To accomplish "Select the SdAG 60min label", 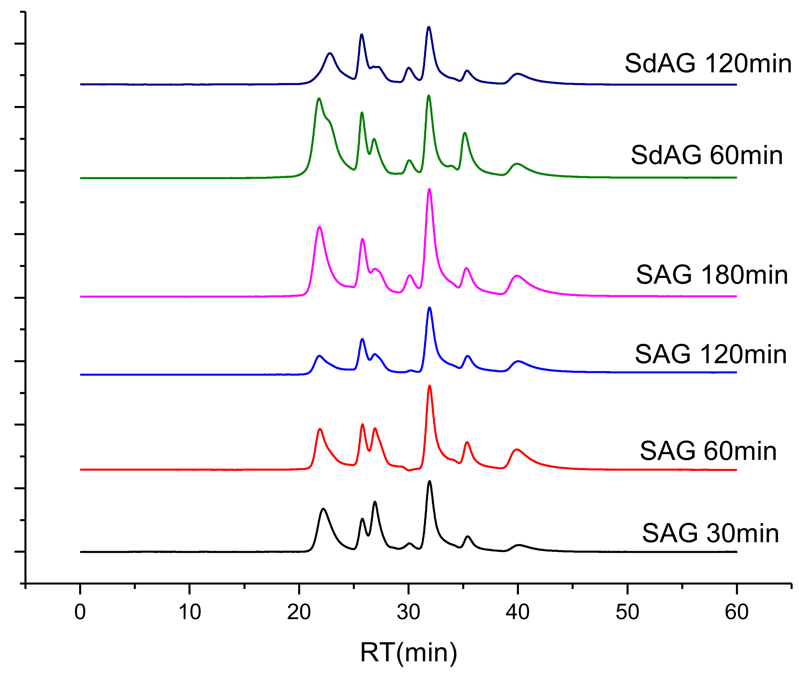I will (707, 155).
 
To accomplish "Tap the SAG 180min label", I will (711, 275).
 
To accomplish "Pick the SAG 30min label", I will (710, 533).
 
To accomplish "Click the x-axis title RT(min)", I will (408, 652).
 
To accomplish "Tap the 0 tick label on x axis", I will (80, 612).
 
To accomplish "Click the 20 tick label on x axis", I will (299, 612).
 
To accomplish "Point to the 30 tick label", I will (408, 612).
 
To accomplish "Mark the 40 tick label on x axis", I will (518, 612).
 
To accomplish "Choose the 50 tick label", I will (627, 612).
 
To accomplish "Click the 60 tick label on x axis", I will (737, 612).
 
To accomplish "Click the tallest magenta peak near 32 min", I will (430, 190).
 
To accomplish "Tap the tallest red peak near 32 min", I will (430, 386).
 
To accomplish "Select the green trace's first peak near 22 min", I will (319, 99).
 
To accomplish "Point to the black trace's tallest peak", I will (430, 482).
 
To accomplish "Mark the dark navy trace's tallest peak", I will (429, 27).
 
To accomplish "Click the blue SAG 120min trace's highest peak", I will (430, 308).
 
